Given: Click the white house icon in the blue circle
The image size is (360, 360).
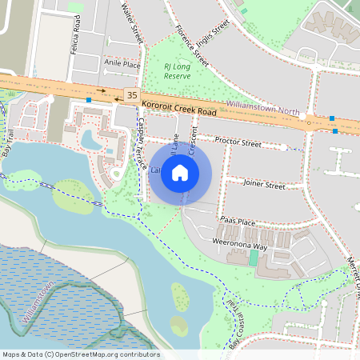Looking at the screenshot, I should pos(180,172).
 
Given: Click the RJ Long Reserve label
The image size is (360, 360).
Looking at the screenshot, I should pos(177,70).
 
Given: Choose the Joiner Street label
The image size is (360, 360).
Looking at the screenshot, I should pos(264,186).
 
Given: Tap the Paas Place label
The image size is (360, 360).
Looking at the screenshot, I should pos(237,222).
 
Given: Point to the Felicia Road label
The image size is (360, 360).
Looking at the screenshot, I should pos(77,36).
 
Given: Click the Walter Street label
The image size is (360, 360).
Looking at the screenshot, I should pos(130,22).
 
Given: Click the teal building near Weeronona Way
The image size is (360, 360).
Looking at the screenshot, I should pos(254,258).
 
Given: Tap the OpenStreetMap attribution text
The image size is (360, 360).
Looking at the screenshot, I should pos(81,354).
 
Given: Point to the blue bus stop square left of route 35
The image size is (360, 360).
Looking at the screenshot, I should pos(89,100).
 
